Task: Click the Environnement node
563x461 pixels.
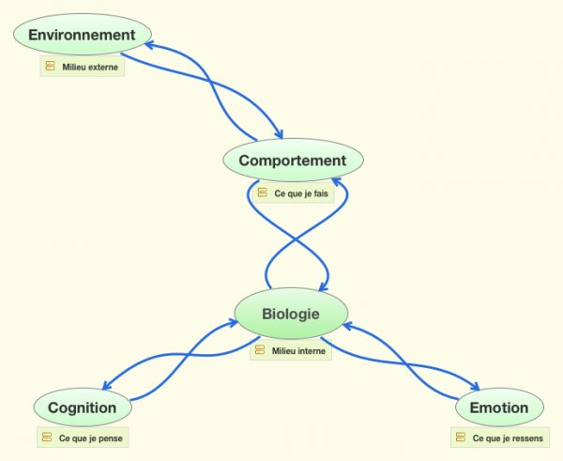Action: (x=82, y=36)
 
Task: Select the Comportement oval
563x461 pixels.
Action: (x=292, y=161)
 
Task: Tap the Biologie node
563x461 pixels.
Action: (x=291, y=314)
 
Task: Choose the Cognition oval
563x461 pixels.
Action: (x=82, y=407)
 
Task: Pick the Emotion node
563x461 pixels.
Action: (x=498, y=407)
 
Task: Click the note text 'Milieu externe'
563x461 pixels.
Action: (x=90, y=69)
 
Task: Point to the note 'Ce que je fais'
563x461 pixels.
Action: (x=299, y=193)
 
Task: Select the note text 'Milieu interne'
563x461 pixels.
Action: (x=298, y=350)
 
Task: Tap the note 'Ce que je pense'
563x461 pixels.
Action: (x=90, y=438)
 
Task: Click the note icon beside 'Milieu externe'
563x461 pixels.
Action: (x=51, y=68)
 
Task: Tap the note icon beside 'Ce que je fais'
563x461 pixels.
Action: (x=262, y=192)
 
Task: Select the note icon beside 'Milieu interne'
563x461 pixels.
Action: (x=259, y=349)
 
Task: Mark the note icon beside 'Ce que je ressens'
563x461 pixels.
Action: (x=460, y=438)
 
